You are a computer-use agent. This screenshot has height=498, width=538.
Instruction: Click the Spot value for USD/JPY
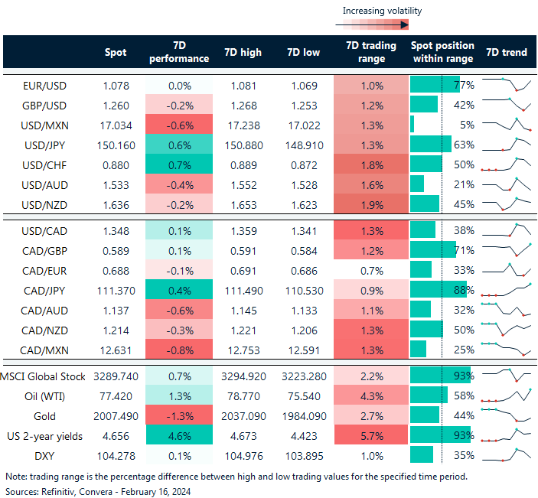[x=116, y=144]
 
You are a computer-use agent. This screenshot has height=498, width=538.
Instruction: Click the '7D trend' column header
[x=506, y=53]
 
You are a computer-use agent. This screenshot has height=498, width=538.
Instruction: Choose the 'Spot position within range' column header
[x=442, y=52]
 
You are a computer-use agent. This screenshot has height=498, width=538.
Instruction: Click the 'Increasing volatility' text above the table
[x=382, y=11]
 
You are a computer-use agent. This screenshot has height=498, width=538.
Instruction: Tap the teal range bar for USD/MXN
[x=412, y=124]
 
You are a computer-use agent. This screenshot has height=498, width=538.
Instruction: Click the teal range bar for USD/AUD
[x=417, y=184]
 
